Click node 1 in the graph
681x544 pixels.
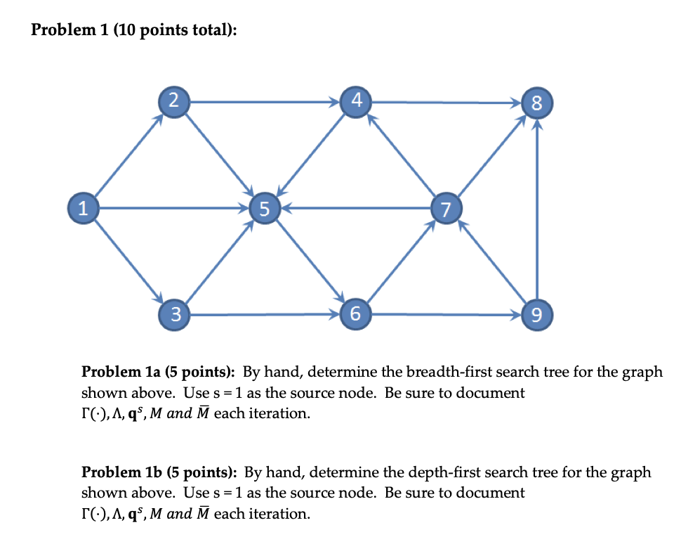(x=83, y=208)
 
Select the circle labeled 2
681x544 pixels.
(x=173, y=101)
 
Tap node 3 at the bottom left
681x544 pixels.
(x=173, y=313)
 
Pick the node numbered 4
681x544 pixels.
(x=355, y=101)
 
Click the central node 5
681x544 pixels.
(x=263, y=208)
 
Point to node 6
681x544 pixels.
(x=355, y=313)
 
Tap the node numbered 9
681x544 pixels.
(x=537, y=315)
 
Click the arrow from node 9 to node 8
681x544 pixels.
(x=537, y=211)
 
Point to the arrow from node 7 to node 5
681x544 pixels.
(x=355, y=208)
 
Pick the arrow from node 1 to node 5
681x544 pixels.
(x=173, y=208)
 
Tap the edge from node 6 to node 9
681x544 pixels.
(x=447, y=314)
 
